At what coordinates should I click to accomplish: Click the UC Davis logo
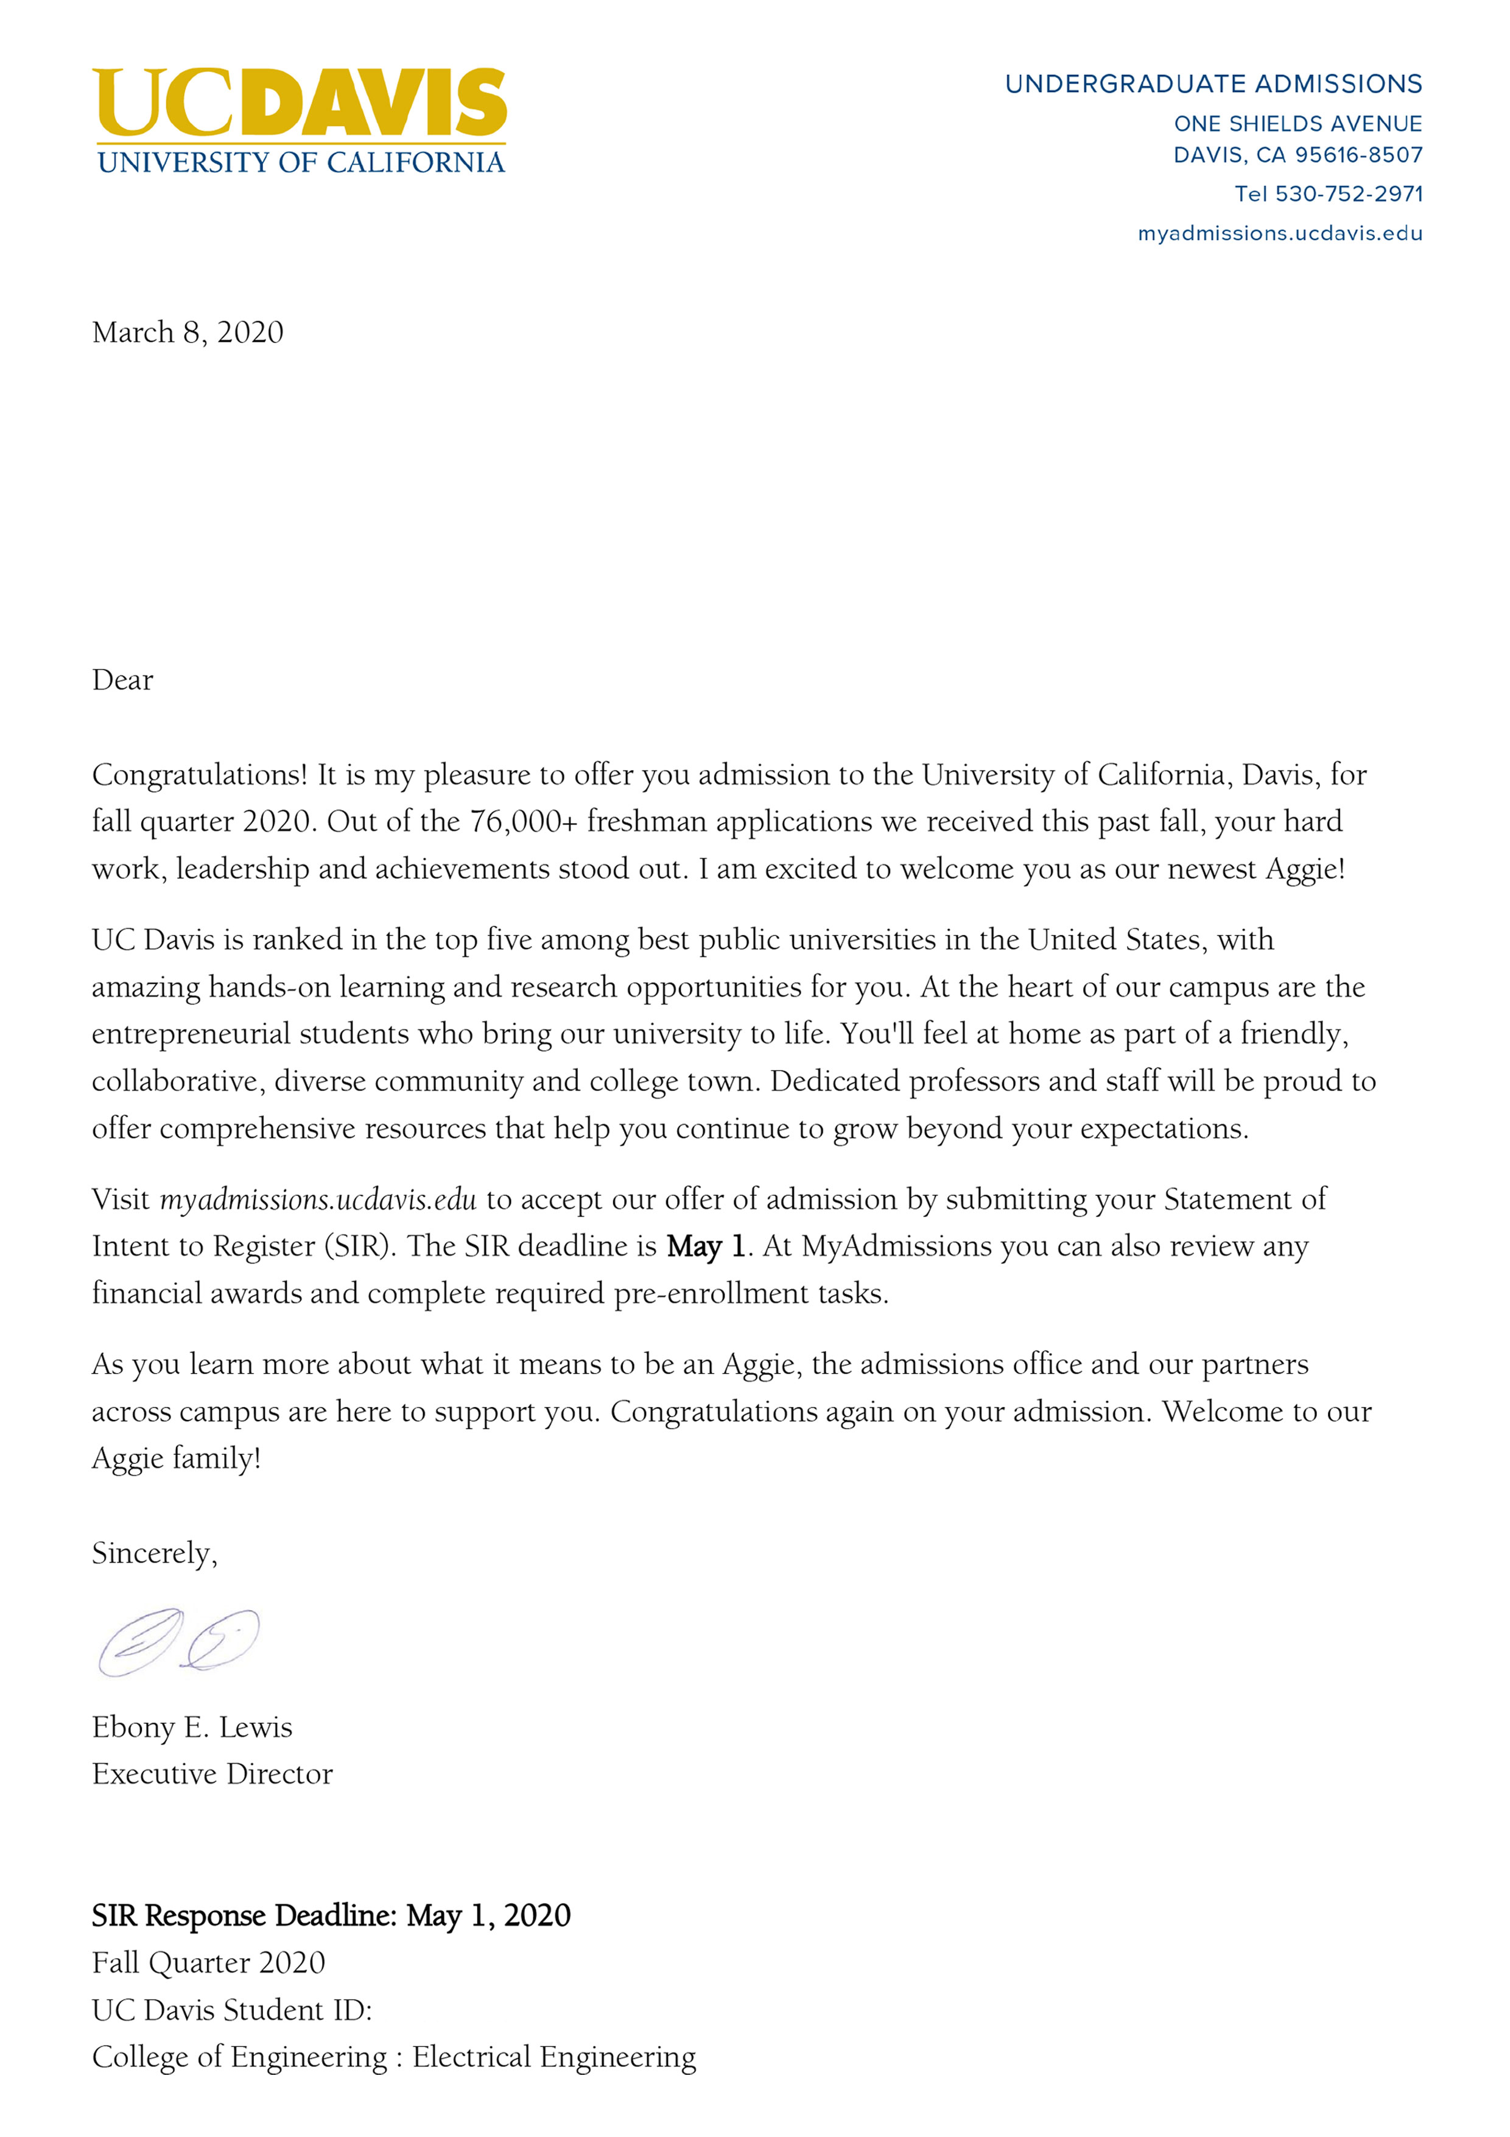[x=300, y=120]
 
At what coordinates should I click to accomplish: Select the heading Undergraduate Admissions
[x=1213, y=84]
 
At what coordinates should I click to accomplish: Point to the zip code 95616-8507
[x=1358, y=155]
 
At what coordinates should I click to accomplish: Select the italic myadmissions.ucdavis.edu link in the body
[x=318, y=1199]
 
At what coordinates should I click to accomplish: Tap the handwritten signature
[x=178, y=1642]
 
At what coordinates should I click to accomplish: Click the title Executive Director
[x=212, y=1773]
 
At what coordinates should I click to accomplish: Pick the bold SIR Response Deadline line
[x=330, y=1915]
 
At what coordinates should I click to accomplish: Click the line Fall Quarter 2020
[x=208, y=1962]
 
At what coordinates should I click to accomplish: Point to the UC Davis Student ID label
[x=231, y=2010]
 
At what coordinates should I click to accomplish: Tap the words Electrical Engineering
[x=553, y=2056]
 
